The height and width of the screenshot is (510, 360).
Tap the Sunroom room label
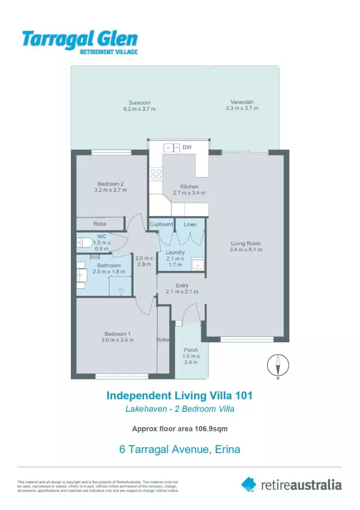pyautogui.click(x=139, y=102)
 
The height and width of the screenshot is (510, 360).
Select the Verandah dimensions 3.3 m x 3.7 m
pyautogui.click(x=242, y=108)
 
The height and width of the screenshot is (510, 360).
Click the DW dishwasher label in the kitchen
pyautogui.click(x=187, y=148)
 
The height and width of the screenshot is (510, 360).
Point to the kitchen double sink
pyautogui.click(x=172, y=148)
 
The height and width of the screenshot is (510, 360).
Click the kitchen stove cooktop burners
pyautogui.click(x=156, y=174)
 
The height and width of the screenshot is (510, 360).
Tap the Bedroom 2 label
pyautogui.click(x=111, y=184)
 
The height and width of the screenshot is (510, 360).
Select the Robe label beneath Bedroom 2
pyautogui.click(x=100, y=224)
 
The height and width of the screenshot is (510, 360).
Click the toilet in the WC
pyautogui.click(x=85, y=243)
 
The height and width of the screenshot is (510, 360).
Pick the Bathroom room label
pyautogui.click(x=109, y=265)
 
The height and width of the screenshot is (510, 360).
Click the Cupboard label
pyautogui.click(x=161, y=224)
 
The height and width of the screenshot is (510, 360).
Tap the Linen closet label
pyautogui.click(x=190, y=224)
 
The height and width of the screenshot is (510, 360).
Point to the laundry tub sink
pyautogui.click(x=198, y=265)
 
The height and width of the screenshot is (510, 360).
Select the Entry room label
pyautogui.click(x=182, y=285)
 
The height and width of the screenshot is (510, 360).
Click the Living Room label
pyautogui.click(x=245, y=243)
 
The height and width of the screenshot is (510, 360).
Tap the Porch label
pyautogui.click(x=191, y=350)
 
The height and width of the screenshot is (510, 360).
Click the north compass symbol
pyautogui.click(x=278, y=365)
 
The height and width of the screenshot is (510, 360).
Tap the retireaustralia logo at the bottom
pyautogui.click(x=291, y=484)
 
